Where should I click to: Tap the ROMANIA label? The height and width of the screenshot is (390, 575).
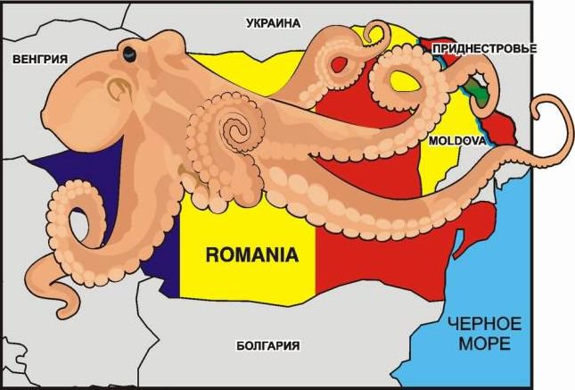click(251, 254)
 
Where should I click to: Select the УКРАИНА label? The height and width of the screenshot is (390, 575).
click(273, 23)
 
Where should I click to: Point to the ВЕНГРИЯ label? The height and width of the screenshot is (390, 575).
click(40, 59)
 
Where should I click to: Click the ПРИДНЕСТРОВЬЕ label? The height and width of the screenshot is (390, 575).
click(483, 47)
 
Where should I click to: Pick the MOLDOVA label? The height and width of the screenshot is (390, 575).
click(456, 141)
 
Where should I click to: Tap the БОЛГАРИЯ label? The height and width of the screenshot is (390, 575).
click(267, 345)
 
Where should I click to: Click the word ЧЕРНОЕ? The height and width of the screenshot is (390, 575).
click(485, 323)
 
